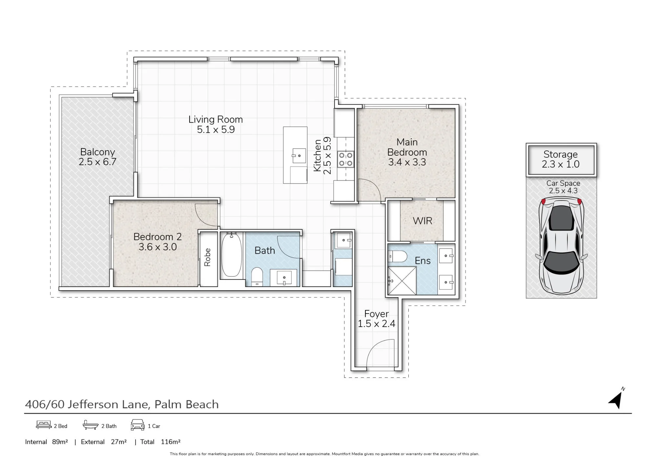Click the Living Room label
pos(215,119)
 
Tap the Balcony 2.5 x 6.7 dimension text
pos(97,162)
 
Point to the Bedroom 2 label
pos(157,237)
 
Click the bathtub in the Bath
pos(231,255)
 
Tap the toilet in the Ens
pos(397,256)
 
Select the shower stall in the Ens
pos(402,280)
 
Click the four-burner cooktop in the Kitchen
pos(346,159)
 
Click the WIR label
pos(422,221)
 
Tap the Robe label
pos(207,257)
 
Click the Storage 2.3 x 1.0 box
pos(561,160)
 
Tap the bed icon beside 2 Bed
pos(44,425)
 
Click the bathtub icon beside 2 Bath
pos(91,425)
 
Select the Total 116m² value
pos(171,442)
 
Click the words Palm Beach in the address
pos(187,404)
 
